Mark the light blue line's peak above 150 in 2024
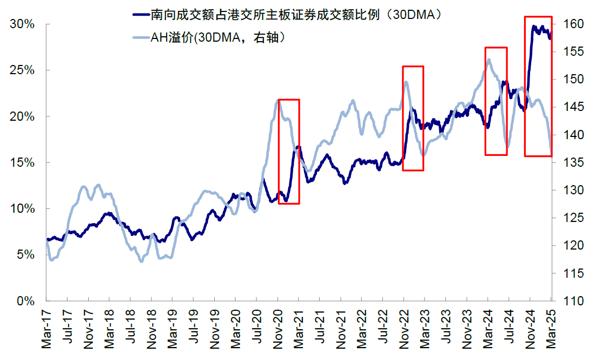[x=488, y=60]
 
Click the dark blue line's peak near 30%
[x=535, y=26]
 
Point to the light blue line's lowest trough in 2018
[x=142, y=261]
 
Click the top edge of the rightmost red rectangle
[x=538, y=17]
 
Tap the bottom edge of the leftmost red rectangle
[x=288, y=204]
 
